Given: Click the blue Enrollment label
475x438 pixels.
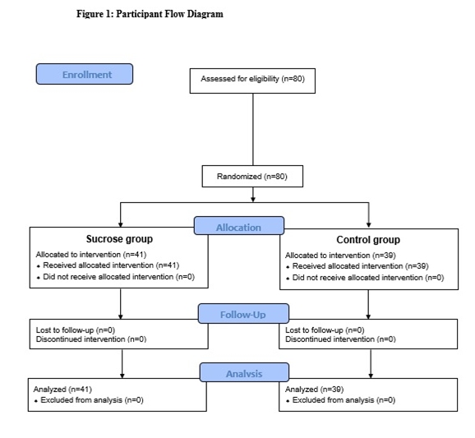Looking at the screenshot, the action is tap(85, 74).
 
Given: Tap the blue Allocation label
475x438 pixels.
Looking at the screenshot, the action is tap(239, 226).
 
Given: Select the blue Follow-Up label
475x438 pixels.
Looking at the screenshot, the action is tap(243, 314).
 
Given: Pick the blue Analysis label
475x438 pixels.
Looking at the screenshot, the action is tap(244, 372).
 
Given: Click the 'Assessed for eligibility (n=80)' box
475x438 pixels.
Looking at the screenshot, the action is tap(252, 81).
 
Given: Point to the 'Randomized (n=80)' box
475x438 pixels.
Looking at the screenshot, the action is tap(252, 177).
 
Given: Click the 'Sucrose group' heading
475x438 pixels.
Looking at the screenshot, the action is tap(119, 239).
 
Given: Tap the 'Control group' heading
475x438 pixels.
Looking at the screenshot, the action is tap(368, 240).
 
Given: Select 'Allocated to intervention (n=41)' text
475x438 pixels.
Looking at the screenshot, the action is tap(91, 255).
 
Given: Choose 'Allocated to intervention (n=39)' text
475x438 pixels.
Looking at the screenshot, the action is tap(340, 256).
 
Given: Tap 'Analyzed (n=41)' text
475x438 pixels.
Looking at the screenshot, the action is tap(62, 390).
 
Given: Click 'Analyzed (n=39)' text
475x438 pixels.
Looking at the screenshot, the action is tap(314, 390).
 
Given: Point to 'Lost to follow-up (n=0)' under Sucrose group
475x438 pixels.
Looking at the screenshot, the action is tap(76, 330).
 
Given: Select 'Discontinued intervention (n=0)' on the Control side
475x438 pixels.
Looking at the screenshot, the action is tap(340, 339).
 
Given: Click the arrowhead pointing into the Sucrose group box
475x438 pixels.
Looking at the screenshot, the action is tap(121, 225).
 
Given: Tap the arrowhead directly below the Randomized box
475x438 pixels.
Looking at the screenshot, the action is tap(253, 199).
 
